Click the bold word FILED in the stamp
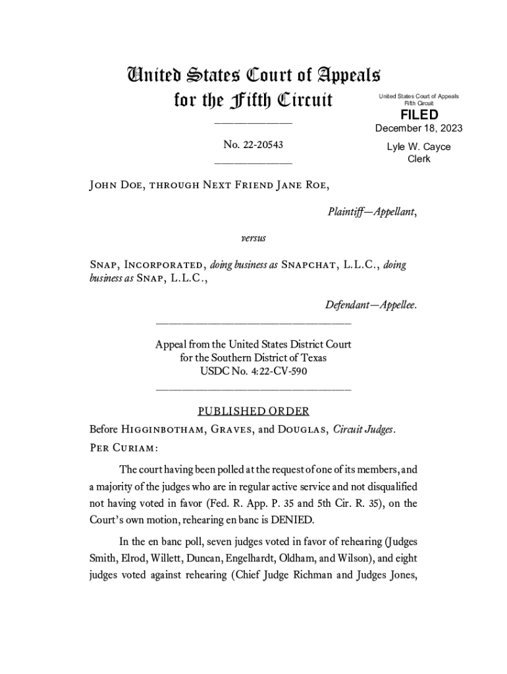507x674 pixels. (419, 115)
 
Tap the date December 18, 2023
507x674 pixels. (419, 128)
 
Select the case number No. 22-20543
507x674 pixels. (254, 143)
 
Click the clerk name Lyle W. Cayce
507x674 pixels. (419, 147)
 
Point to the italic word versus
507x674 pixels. (253, 235)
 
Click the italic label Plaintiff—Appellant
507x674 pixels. (371, 212)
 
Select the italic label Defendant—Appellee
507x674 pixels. (371, 305)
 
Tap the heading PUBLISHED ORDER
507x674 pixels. (254, 411)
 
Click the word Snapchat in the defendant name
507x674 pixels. (312, 265)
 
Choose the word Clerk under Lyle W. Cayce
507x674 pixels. (419, 159)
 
